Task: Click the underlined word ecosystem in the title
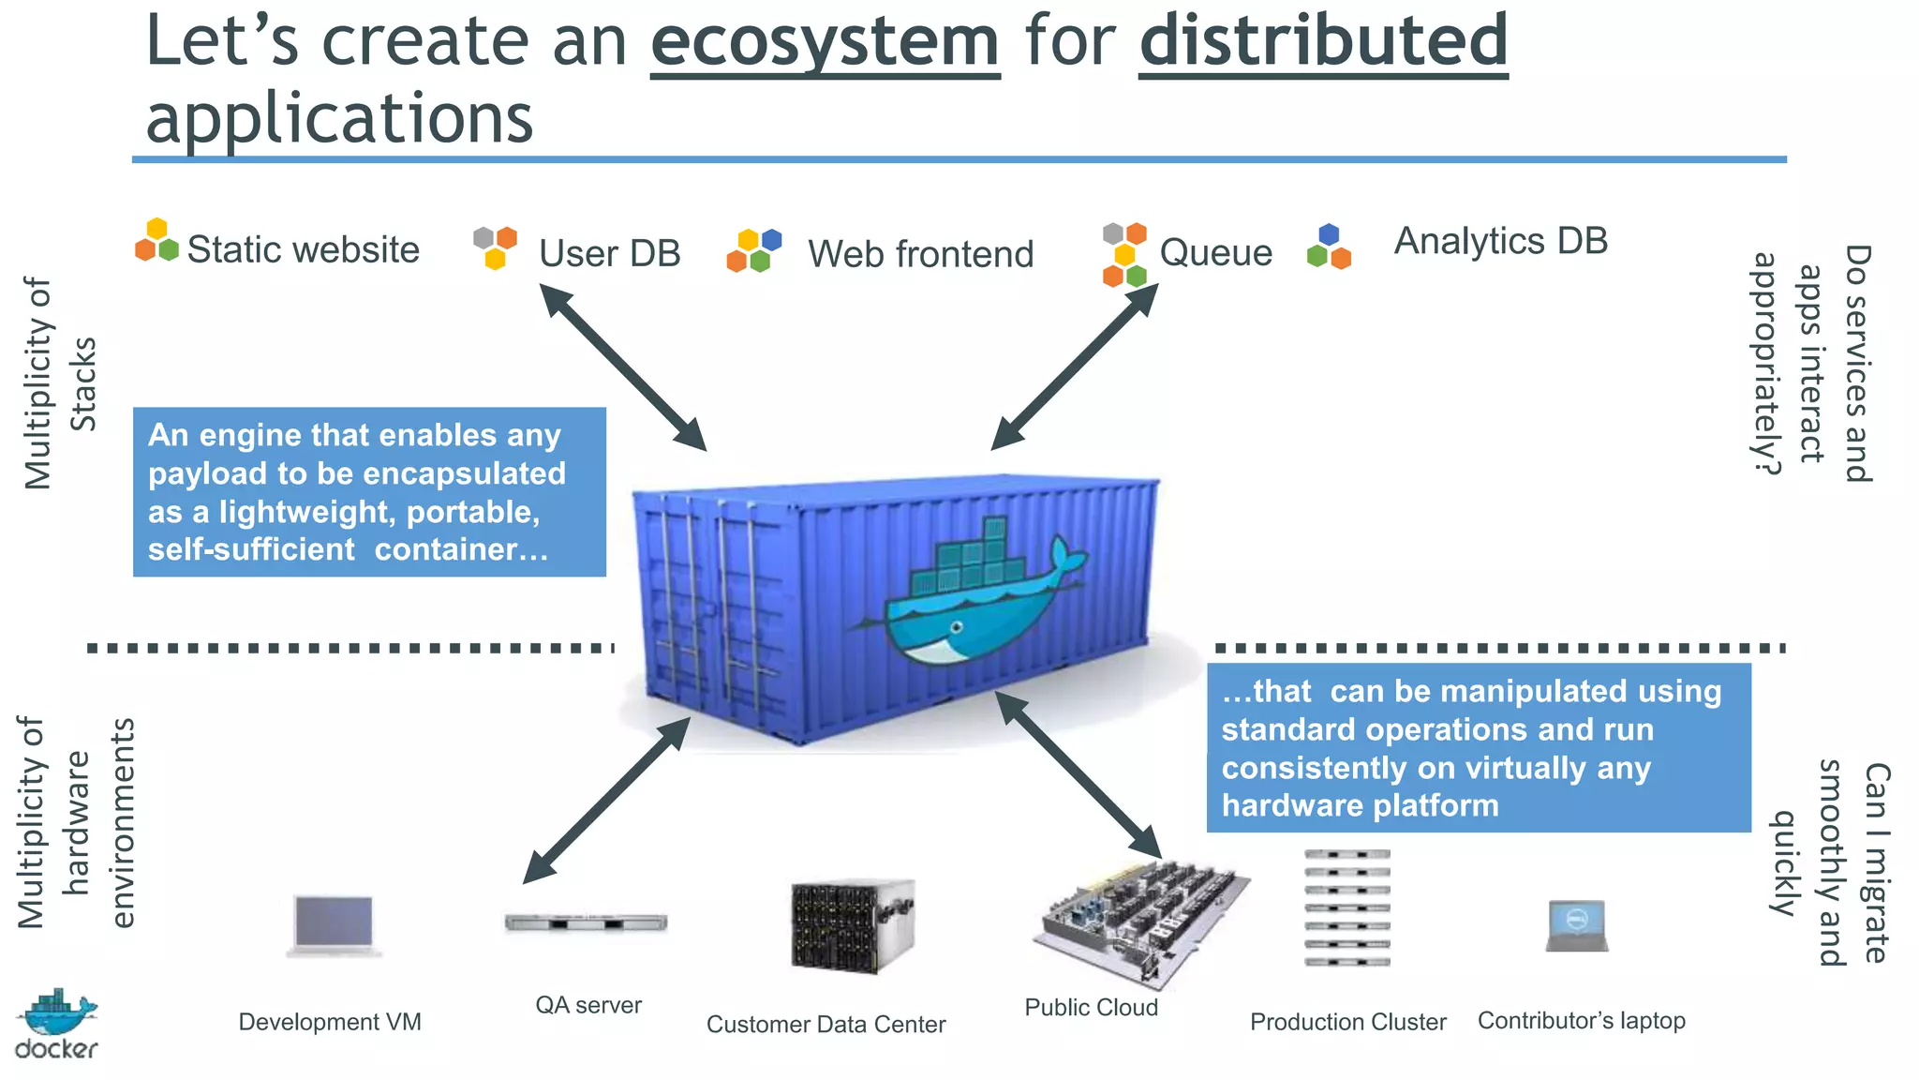pos(825,42)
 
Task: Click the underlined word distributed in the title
pos(1323,42)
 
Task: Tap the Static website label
pos(303,250)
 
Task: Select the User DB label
pos(609,254)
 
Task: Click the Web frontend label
pos(921,254)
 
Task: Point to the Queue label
pos(1215,252)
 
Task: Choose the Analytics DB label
pos(1500,241)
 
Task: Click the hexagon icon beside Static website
pos(156,241)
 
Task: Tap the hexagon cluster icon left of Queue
pos(1124,254)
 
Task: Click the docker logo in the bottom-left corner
pos(56,1024)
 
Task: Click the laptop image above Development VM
pos(334,924)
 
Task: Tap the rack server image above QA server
pos(586,922)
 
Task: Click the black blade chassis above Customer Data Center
pos(851,925)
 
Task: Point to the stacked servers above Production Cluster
pos(1346,907)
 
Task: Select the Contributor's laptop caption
pos(1581,1020)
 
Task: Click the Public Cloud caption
pos(1091,1008)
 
